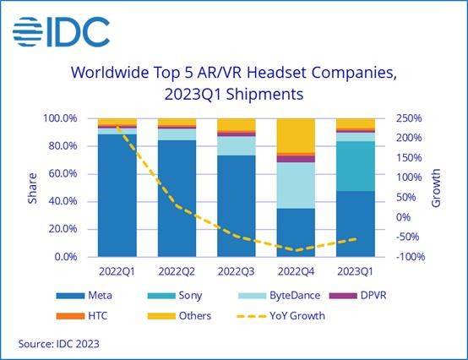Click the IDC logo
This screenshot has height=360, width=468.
coord(61,31)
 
